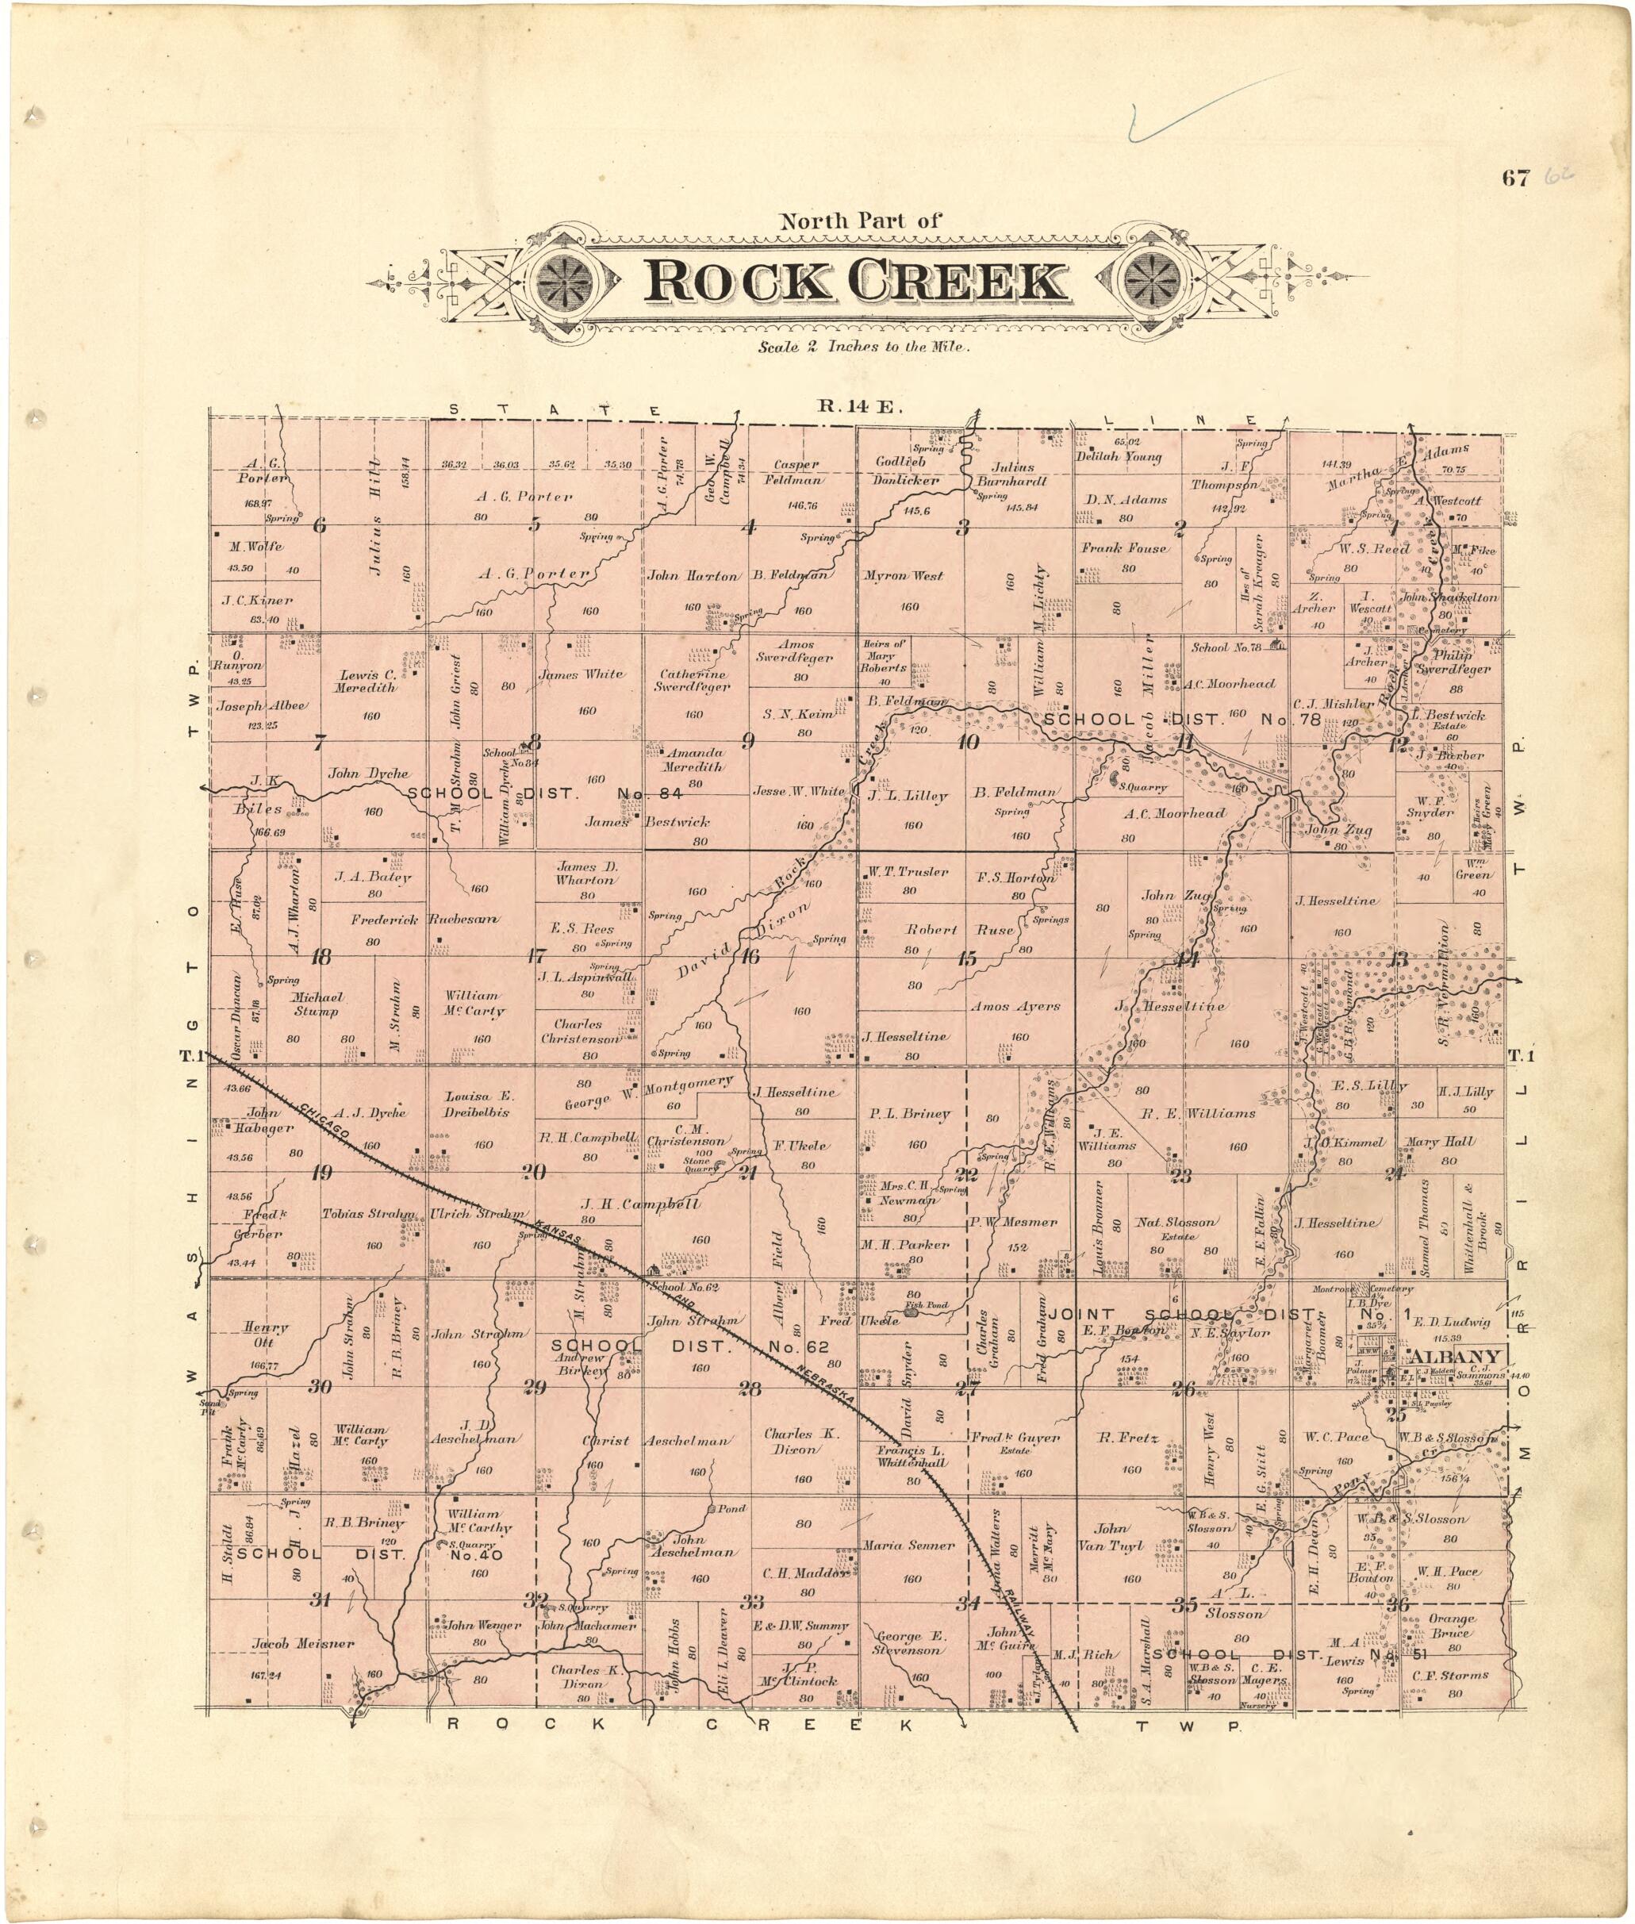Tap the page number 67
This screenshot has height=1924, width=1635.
point(1516,179)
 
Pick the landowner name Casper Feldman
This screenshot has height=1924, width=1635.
point(796,472)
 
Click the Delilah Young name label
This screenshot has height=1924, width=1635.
point(1118,456)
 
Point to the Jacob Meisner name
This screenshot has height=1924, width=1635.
point(303,1643)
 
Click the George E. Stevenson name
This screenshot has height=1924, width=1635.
point(912,1642)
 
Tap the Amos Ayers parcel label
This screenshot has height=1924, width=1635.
point(1015,1005)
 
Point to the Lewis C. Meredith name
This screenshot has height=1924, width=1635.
point(367,682)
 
